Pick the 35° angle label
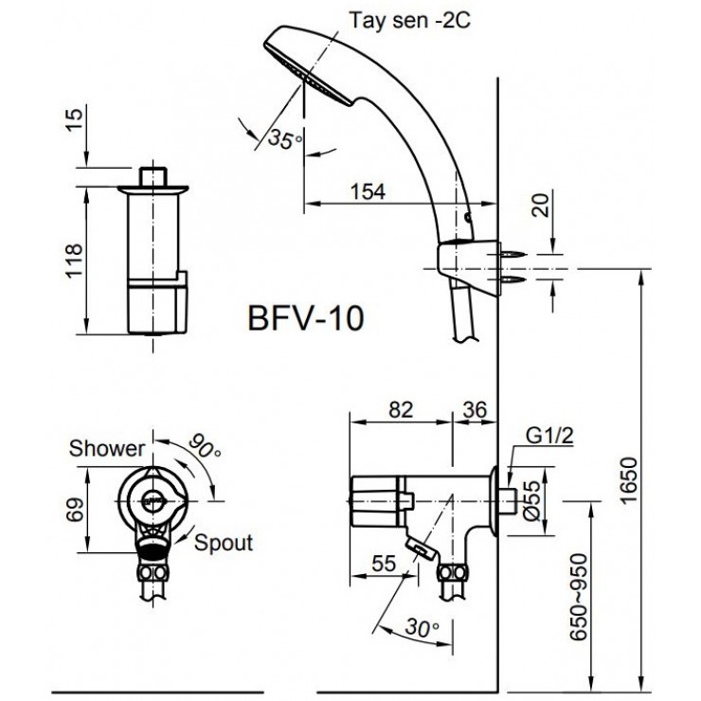coord(284,140)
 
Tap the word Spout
coord(225,543)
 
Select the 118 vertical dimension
coord(74,260)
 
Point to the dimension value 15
coord(74,118)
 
